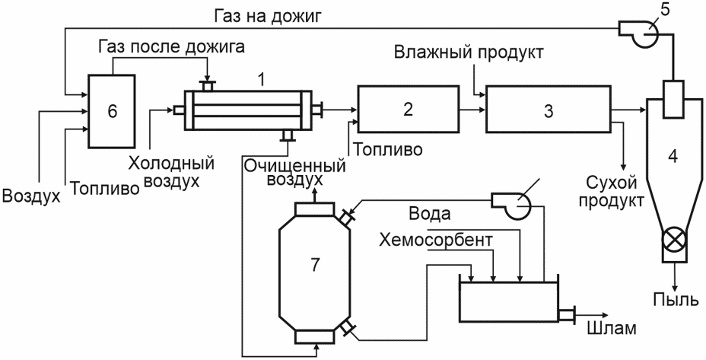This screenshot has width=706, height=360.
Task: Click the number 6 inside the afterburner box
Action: (112, 111)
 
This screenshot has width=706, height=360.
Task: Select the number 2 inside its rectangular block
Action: (408, 109)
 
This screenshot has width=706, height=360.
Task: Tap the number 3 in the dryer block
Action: (548, 111)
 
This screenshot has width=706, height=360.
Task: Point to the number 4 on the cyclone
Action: (673, 156)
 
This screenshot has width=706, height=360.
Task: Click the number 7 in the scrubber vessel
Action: (314, 265)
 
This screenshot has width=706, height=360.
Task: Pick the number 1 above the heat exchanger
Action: (260, 80)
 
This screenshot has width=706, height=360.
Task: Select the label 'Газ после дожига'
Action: (172, 46)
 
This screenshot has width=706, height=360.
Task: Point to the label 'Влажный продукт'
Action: (469, 52)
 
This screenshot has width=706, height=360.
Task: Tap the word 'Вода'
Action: (429, 214)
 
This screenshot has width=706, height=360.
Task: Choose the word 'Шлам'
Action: (612, 329)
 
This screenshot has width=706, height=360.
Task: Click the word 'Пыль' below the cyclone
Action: (676, 298)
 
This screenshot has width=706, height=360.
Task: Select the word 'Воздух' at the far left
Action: (31, 196)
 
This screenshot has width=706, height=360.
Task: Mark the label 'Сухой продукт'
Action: (612, 192)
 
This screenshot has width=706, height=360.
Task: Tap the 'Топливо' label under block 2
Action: (388, 149)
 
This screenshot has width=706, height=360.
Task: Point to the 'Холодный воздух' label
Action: (171, 172)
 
